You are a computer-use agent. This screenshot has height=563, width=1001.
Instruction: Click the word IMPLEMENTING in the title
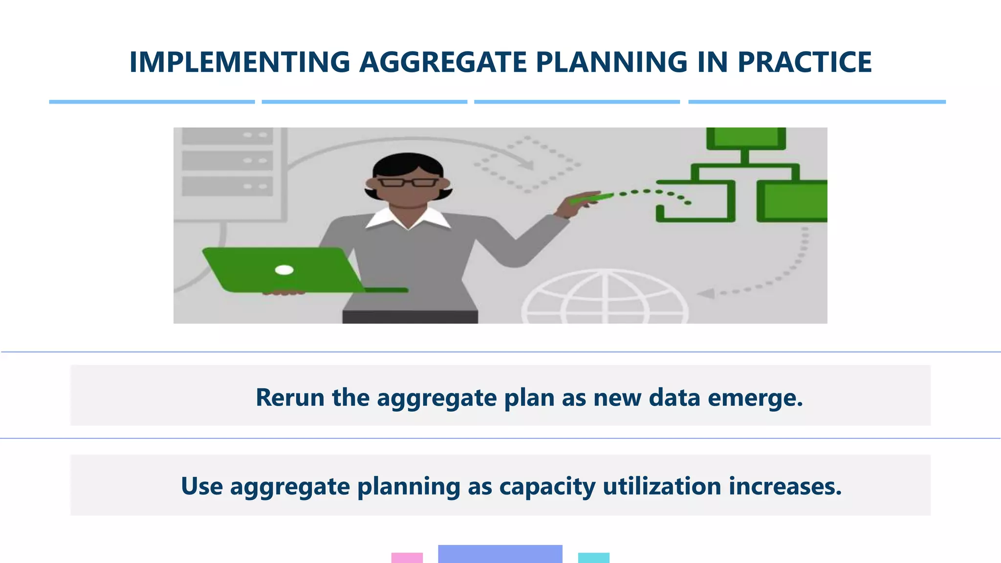pyautogui.click(x=239, y=62)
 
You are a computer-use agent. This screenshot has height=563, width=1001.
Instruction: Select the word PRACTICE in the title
pyautogui.click(x=804, y=62)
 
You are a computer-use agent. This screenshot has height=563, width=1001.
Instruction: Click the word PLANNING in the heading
pyautogui.click(x=611, y=62)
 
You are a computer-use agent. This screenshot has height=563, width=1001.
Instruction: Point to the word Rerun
pyautogui.click(x=290, y=397)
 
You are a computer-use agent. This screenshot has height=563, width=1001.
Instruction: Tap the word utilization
pyautogui.click(x=662, y=486)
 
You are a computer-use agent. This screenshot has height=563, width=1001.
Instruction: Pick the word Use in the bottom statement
pyautogui.click(x=202, y=486)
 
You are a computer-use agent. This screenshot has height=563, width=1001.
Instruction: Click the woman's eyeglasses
pyautogui.click(x=409, y=183)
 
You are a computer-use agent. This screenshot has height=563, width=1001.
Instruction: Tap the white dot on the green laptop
pyautogui.click(x=284, y=270)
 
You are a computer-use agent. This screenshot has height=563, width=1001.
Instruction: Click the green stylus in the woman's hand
pyautogui.click(x=591, y=198)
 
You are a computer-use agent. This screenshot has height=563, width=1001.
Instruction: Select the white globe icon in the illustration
pyautogui.click(x=605, y=298)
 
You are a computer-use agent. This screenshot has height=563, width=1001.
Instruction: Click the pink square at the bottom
pyautogui.click(x=407, y=558)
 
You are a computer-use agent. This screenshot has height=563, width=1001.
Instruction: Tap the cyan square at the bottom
pyautogui.click(x=593, y=558)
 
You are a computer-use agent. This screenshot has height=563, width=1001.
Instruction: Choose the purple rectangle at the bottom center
pyautogui.click(x=500, y=554)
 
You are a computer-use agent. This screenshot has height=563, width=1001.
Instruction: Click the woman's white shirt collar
pyautogui.click(x=408, y=218)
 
